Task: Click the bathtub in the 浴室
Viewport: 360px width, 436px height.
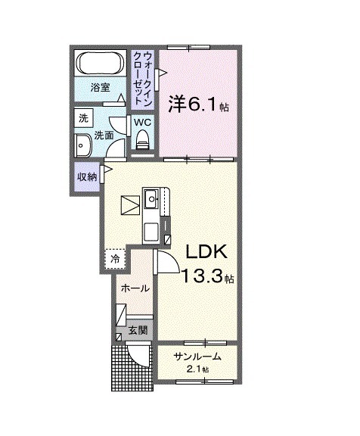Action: (101, 64)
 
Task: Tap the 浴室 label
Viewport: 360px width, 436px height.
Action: (101, 87)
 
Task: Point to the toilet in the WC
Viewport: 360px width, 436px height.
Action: (141, 139)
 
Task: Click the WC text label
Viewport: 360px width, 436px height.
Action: (141, 122)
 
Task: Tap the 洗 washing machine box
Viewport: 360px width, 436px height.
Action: (84, 118)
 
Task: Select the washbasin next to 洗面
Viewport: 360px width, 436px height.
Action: (82, 143)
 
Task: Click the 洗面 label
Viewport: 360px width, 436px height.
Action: (104, 135)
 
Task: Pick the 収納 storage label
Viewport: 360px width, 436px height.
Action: (86, 176)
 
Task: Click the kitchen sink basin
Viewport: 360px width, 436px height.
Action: (151, 200)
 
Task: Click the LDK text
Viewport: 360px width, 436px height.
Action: (203, 252)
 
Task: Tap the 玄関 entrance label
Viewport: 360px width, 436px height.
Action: (137, 330)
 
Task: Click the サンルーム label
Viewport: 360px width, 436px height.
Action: (197, 356)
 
